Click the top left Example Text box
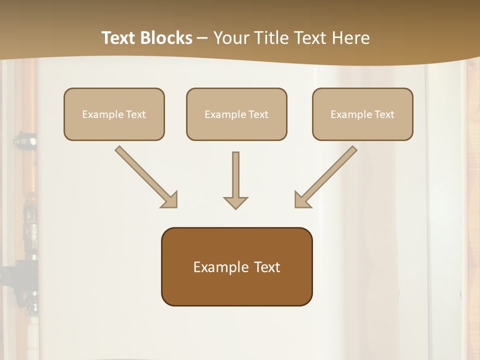coord(114,114)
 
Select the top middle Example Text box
coord(236,114)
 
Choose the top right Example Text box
coord(362,114)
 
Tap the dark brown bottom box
coord(236,266)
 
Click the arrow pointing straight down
coord(235,180)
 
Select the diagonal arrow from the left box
coord(146,176)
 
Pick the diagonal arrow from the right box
coord(325,176)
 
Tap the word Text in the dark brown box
coord(266,267)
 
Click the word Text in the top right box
coord(384,114)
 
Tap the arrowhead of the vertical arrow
coord(235,202)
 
